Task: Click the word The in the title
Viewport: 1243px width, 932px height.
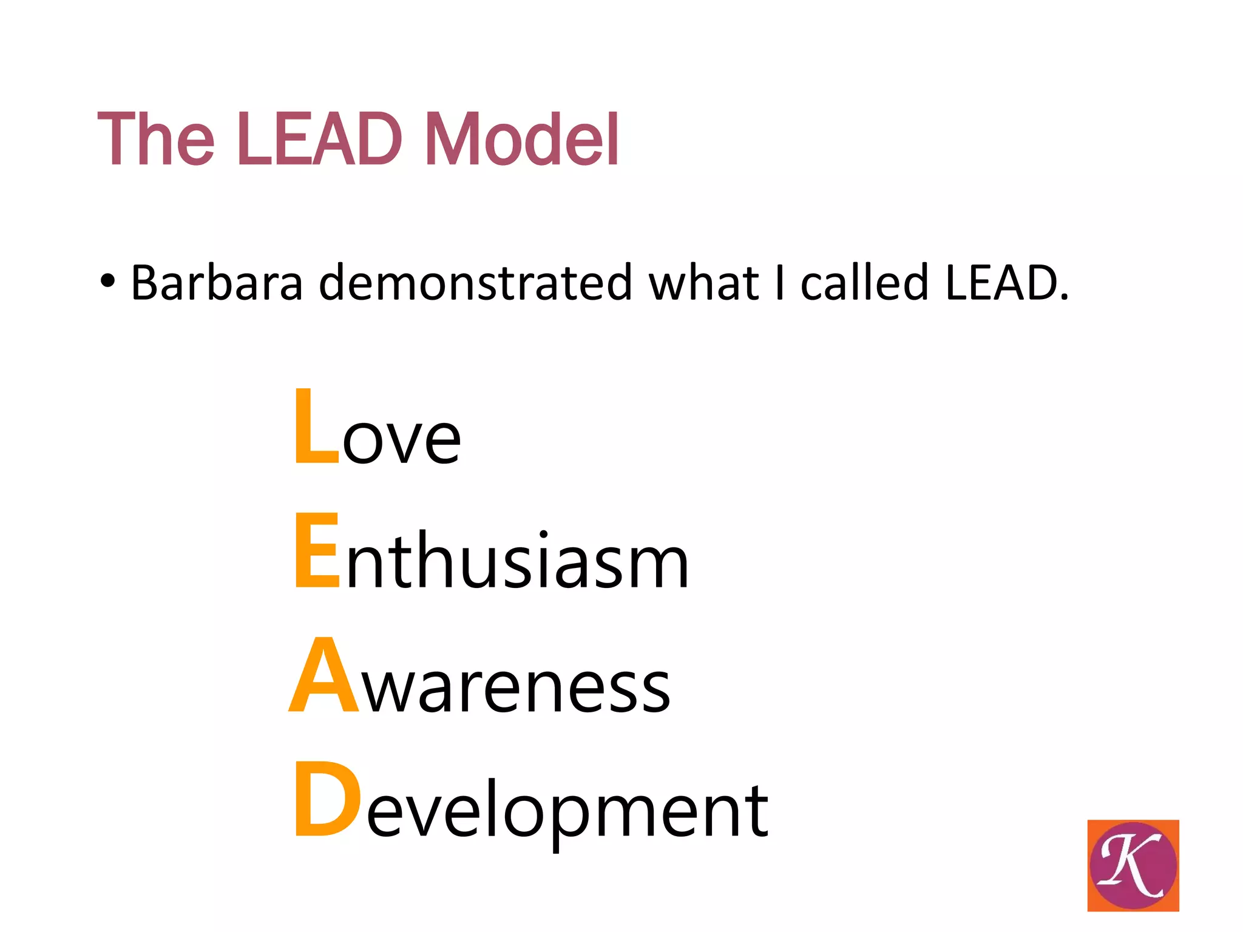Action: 155,139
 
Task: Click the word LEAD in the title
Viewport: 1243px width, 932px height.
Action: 320,139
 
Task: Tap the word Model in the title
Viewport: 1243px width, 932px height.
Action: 521,139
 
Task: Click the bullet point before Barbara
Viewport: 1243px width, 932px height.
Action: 107,282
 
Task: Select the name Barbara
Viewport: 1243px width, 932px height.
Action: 217,283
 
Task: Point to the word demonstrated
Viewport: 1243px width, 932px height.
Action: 475,283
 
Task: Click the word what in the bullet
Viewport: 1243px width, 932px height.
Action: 703,283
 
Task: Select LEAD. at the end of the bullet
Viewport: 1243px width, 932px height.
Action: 1007,283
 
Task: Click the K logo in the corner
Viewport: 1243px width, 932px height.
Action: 1133,865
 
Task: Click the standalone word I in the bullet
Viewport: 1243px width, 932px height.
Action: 780,283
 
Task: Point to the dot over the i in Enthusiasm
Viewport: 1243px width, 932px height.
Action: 543,534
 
